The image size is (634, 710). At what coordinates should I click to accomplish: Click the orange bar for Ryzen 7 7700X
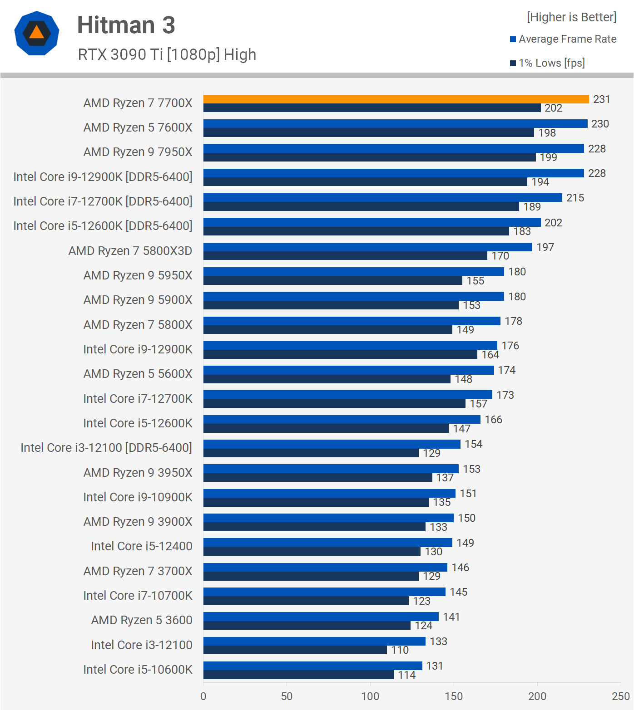pyautogui.click(x=396, y=99)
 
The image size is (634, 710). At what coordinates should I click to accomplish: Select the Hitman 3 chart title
pyautogui.click(x=126, y=25)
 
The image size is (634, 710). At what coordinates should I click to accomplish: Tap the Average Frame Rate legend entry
pyautogui.click(x=567, y=39)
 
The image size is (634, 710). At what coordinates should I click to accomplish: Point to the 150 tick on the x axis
pyautogui.click(x=454, y=696)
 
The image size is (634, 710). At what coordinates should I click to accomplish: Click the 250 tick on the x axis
pyautogui.click(x=620, y=696)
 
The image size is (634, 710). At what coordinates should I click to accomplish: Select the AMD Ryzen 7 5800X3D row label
pyautogui.click(x=130, y=251)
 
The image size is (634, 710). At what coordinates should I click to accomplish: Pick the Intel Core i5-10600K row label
pyautogui.click(x=138, y=670)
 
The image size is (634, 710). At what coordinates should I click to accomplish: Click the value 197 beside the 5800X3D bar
pyautogui.click(x=545, y=247)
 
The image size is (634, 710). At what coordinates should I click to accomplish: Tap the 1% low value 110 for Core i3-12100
pyautogui.click(x=400, y=650)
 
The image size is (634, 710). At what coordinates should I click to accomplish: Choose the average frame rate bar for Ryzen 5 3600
pyautogui.click(x=321, y=617)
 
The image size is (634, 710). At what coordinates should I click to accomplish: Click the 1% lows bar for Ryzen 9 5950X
pyautogui.click(x=332, y=281)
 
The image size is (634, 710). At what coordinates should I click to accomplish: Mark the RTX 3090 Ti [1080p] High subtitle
pyautogui.click(x=167, y=54)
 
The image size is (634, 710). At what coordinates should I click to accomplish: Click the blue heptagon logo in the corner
pyautogui.click(x=37, y=33)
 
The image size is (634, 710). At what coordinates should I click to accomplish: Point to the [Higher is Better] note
pyautogui.click(x=571, y=17)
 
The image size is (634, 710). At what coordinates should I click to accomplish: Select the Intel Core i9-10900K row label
pyautogui.click(x=138, y=497)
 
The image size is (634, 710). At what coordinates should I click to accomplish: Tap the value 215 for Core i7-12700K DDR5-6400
pyautogui.click(x=575, y=198)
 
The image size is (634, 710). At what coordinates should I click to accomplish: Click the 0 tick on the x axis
pyautogui.click(x=203, y=696)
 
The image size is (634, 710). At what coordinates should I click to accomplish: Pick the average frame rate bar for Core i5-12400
pyautogui.click(x=327, y=543)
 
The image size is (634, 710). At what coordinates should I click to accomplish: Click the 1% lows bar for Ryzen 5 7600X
pyautogui.click(x=368, y=133)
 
